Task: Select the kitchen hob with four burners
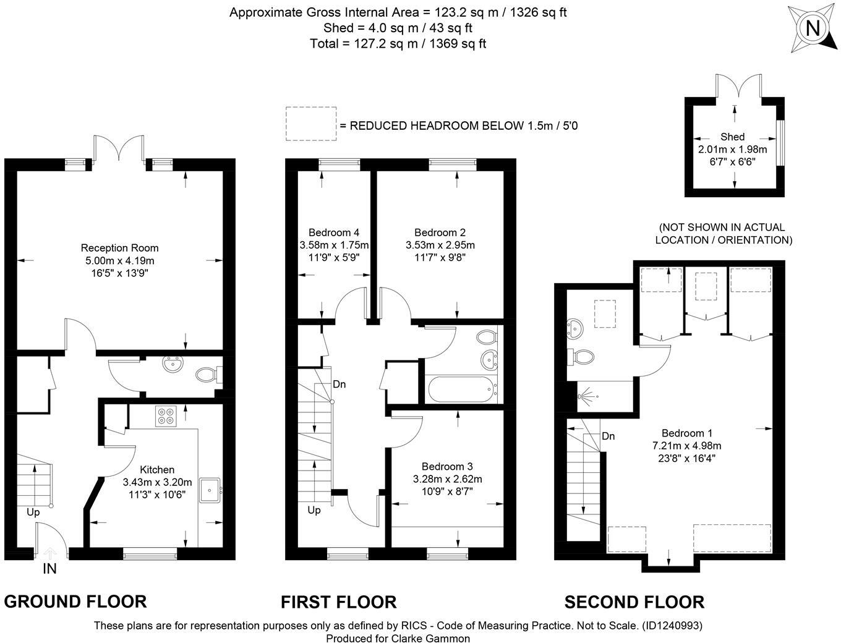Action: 165,415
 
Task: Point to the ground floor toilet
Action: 206,375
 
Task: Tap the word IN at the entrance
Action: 49,569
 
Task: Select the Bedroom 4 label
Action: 334,232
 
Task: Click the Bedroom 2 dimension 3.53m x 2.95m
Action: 440,245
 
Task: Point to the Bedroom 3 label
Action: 447,466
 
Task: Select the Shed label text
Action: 732,137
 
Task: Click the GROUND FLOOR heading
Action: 75,601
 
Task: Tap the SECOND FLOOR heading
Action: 634,602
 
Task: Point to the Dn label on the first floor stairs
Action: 339,384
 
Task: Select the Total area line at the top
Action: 398,43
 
